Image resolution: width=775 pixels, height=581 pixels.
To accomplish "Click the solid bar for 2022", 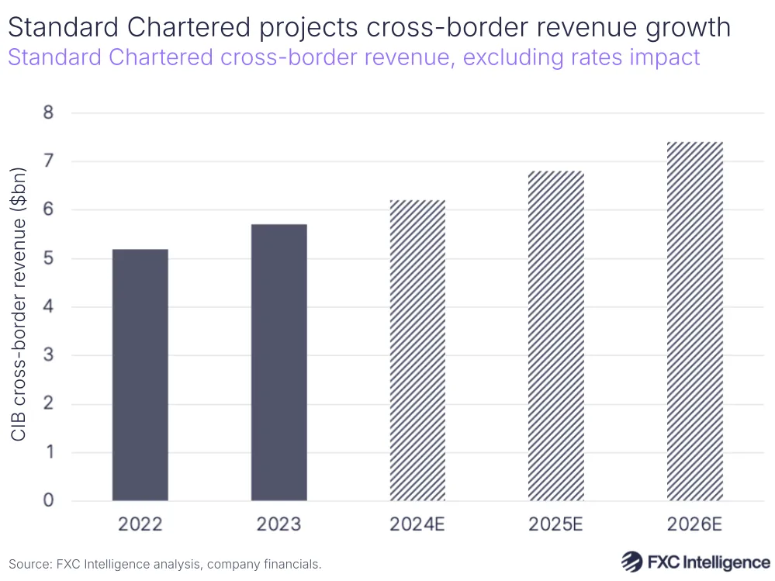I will [140, 375].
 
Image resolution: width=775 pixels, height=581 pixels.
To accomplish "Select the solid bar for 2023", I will [279, 362].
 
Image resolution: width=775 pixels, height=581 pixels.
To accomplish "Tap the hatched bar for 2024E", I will [417, 350].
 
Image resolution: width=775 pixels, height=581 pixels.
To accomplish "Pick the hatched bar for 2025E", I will [555, 335].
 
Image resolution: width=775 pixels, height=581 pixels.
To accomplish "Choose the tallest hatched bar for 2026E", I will [694, 321].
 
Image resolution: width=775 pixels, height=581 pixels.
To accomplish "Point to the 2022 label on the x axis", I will [140, 524].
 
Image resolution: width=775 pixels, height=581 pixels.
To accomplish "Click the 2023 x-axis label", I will [279, 524].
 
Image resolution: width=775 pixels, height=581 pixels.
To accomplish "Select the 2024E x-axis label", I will [417, 524].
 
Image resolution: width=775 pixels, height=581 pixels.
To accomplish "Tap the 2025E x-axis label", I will [555, 524].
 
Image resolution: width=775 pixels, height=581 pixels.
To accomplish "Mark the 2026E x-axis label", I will [694, 524].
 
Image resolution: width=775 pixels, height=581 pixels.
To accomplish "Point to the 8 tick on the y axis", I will [48, 113].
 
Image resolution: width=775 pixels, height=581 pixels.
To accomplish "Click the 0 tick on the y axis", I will [48, 500].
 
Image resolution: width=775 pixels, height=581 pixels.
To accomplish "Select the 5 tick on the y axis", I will [48, 258].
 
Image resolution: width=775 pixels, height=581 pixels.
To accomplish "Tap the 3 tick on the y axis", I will [48, 355].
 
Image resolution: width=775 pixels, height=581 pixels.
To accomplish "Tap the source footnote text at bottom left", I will [164, 564].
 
